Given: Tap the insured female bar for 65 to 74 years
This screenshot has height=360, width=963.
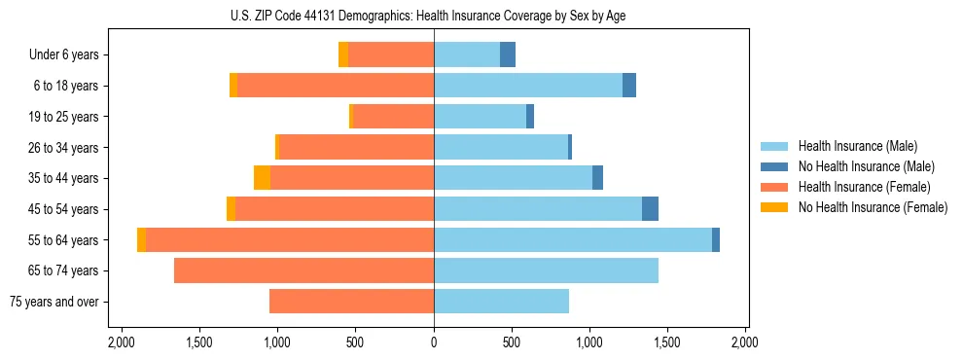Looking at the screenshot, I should click(303, 270).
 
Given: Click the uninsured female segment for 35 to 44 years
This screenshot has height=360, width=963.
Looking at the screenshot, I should click(262, 178).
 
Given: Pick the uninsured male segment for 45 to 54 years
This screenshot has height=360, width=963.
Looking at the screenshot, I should click(650, 209).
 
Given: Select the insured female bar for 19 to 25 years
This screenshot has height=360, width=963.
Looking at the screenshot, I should click(393, 117).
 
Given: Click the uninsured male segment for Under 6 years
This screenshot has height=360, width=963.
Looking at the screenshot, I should click(508, 54).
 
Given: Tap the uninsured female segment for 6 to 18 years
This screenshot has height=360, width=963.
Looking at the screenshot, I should click(233, 86).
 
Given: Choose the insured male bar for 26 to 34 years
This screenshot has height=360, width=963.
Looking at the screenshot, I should click(500, 147).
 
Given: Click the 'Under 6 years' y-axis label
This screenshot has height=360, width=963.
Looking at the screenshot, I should click(63, 55).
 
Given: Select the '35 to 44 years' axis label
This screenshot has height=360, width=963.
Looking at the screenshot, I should click(65, 178).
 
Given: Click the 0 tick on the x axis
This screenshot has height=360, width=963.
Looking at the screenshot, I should click(434, 342).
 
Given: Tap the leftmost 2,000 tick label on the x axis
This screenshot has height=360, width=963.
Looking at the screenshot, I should click(122, 342).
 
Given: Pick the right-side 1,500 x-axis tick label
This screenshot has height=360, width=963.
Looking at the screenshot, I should click(667, 342).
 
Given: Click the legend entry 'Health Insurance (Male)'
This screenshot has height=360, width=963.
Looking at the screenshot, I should click(857, 146).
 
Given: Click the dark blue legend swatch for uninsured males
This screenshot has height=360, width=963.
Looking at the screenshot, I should click(774, 166).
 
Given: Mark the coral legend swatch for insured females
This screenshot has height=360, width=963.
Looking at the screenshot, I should click(774, 187).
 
